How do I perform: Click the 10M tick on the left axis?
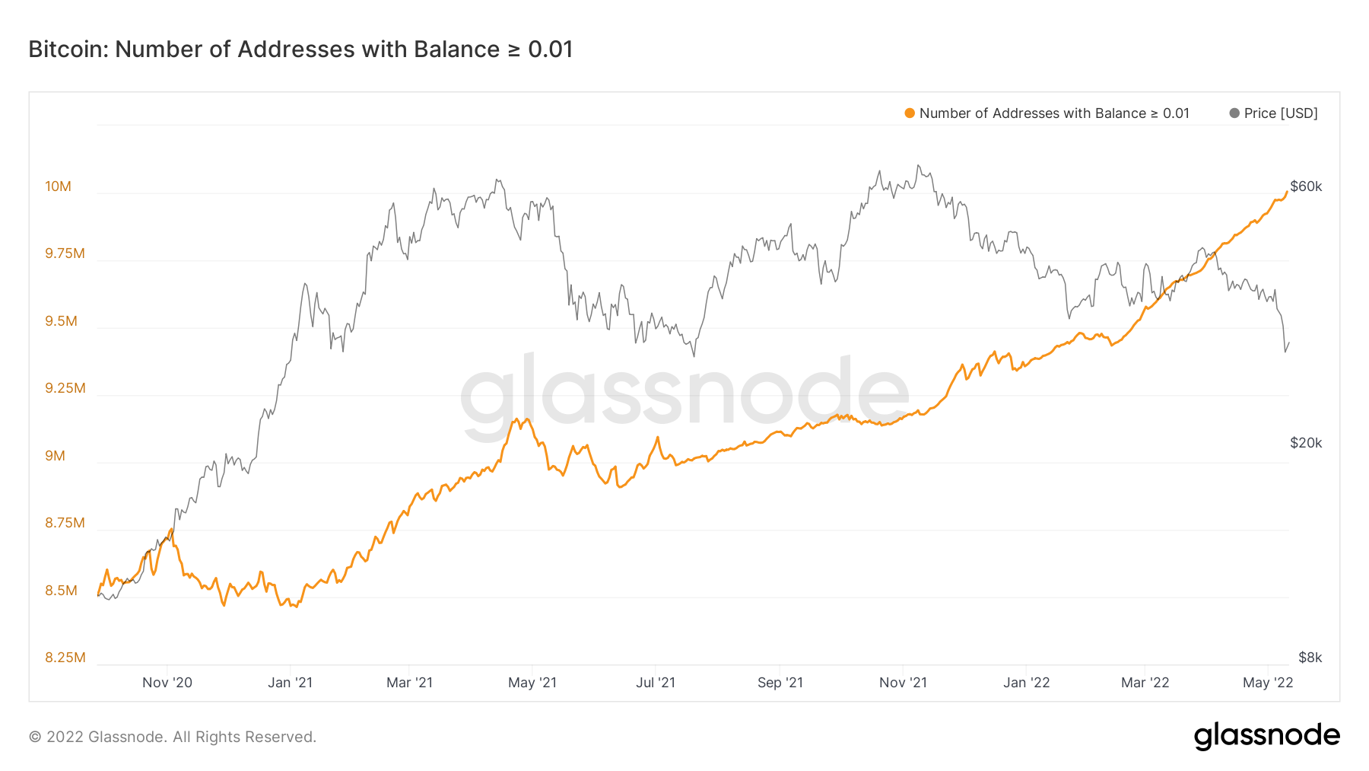(x=58, y=186)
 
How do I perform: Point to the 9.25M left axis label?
(x=65, y=388)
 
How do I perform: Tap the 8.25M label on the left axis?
(x=65, y=658)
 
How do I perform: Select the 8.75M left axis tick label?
(x=65, y=523)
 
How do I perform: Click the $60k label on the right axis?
(x=1306, y=186)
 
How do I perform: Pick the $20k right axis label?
(x=1306, y=443)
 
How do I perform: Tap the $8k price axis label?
(x=1310, y=658)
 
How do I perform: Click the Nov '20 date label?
(x=167, y=683)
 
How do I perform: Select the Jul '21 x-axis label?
(x=656, y=683)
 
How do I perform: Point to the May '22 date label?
(x=1268, y=683)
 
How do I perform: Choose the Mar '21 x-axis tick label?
(x=409, y=683)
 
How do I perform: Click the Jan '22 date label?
(x=1026, y=683)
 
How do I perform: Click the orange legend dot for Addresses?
(x=910, y=113)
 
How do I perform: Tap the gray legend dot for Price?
(x=1234, y=113)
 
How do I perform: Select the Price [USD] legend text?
(x=1281, y=113)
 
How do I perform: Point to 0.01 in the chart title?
(x=550, y=49)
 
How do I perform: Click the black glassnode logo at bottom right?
(x=1266, y=736)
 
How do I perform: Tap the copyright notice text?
(x=173, y=737)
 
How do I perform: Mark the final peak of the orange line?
(x=1286, y=192)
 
